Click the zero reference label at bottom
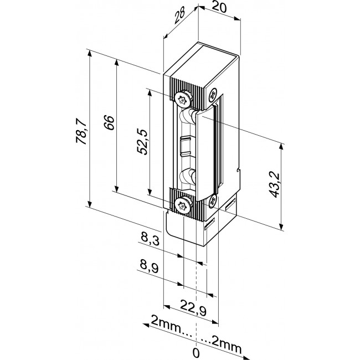pos(196,351)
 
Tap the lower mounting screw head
pos(182,205)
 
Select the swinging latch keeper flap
pos(204,150)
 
